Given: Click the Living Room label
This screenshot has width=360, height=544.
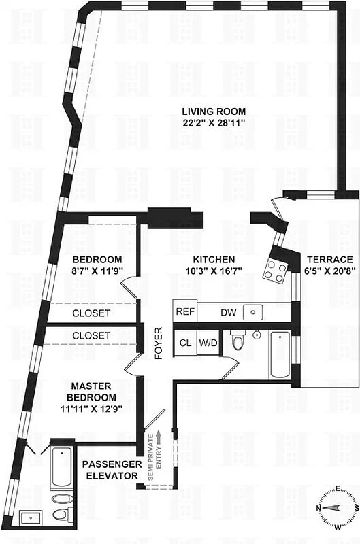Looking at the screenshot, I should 213,112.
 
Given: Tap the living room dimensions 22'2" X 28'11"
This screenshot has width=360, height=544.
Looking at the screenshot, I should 213,122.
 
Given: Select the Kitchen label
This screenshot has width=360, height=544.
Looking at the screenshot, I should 214,260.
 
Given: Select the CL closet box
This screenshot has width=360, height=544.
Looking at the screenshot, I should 185,343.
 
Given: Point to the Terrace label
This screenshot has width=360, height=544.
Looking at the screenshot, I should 329,260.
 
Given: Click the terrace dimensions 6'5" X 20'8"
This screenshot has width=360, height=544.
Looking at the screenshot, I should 329,271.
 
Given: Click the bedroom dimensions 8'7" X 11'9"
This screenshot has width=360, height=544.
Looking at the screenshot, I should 97,271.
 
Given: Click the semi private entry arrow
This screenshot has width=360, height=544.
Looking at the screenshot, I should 159,436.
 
